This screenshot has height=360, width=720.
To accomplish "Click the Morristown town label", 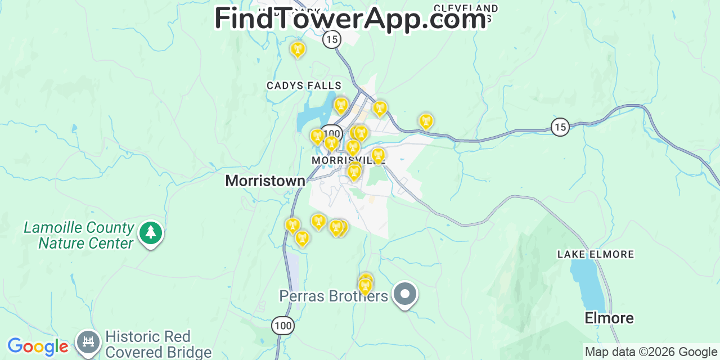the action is click(265, 181).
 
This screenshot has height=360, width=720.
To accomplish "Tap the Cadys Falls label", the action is click(304, 85).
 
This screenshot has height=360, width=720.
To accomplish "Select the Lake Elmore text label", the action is click(596, 254).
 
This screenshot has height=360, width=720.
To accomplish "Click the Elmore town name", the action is click(609, 318).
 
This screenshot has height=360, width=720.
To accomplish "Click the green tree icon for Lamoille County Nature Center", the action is click(150, 232).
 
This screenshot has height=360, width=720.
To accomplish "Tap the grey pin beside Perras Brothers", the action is click(404, 294).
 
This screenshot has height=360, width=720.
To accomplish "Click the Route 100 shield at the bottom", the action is click(282, 325).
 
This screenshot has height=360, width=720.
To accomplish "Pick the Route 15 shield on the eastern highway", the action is click(560, 127).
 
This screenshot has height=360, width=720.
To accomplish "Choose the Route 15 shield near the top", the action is click(332, 39).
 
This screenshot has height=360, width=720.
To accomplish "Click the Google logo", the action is click(38, 346).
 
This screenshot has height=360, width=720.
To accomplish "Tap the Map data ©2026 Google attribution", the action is click(651, 352).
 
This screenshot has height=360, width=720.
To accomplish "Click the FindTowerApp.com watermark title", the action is click(350, 19).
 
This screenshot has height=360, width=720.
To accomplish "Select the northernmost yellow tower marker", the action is click(298, 49).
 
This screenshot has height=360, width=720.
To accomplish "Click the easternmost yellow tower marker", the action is click(426, 120).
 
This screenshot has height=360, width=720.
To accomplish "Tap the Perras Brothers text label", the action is click(334, 296).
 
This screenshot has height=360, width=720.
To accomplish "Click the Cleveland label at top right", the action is click(466, 9).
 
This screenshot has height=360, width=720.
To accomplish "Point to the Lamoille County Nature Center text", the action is click(79, 235).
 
